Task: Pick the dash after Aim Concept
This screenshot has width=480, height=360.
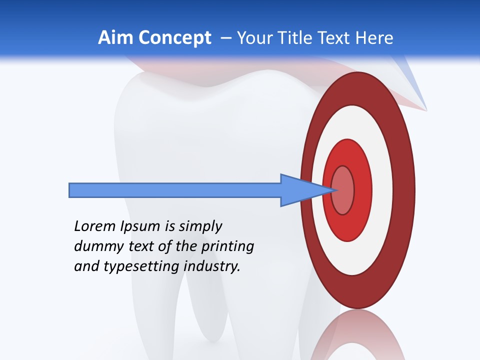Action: pyautogui.click(x=225, y=38)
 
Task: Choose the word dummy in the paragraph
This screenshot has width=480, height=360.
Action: pyautogui.click(x=95, y=246)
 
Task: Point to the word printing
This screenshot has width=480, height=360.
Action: pyautogui.click(x=227, y=247)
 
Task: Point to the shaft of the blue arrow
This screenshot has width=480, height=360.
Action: pyautogui.click(x=175, y=190)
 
